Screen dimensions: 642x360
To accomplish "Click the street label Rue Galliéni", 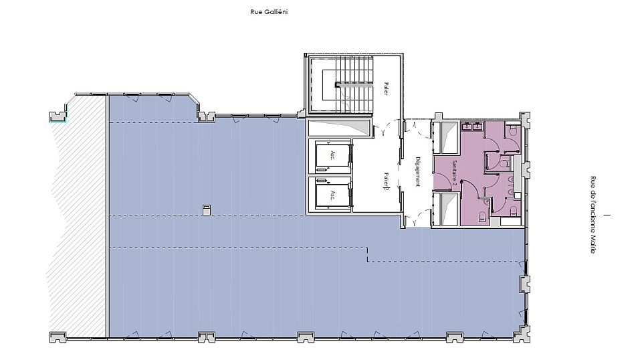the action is (269, 12).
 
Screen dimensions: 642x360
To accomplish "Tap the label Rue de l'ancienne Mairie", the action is (593, 215).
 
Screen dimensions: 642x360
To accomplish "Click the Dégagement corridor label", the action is (417, 171).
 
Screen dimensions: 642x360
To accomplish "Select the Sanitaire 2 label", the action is (454, 174).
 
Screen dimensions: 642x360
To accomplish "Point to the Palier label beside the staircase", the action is (386, 88).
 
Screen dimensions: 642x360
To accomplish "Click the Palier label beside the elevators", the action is (386, 181).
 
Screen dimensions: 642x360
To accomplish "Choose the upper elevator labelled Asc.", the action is (333, 156).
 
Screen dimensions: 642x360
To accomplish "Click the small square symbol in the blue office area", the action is (207, 209).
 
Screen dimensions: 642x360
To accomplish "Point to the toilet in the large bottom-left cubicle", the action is (481, 216).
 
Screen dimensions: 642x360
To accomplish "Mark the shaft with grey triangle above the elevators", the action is (339, 127).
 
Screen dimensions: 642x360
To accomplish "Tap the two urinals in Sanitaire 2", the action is (510, 185).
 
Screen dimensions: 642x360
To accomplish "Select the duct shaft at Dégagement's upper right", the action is (446, 137).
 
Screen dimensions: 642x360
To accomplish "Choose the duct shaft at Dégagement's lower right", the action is (446, 209).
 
